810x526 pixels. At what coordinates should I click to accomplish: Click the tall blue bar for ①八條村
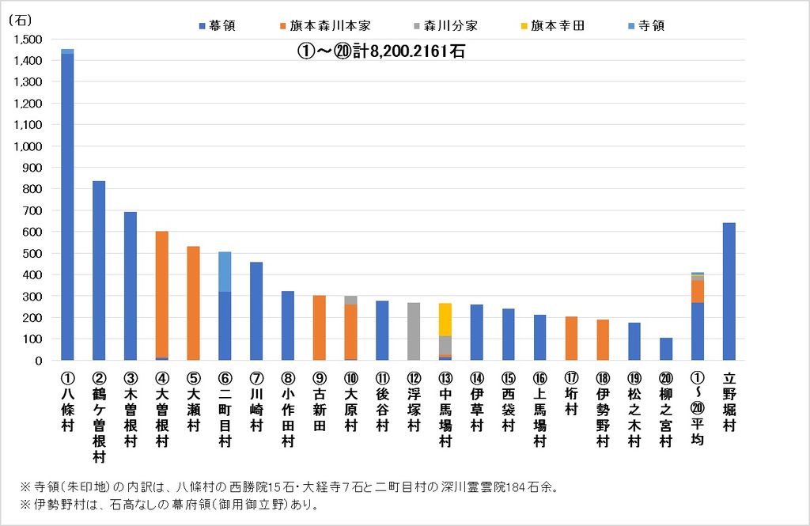[67, 206]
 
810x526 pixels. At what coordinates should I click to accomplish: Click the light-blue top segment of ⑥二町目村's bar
[225, 271]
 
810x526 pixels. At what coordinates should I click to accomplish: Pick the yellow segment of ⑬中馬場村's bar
[445, 320]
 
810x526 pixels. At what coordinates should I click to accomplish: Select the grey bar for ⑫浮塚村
[414, 331]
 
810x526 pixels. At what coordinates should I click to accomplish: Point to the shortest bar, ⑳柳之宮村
[666, 349]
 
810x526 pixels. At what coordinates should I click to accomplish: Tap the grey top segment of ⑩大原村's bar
[350, 300]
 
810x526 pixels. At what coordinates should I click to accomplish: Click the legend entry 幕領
[218, 25]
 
